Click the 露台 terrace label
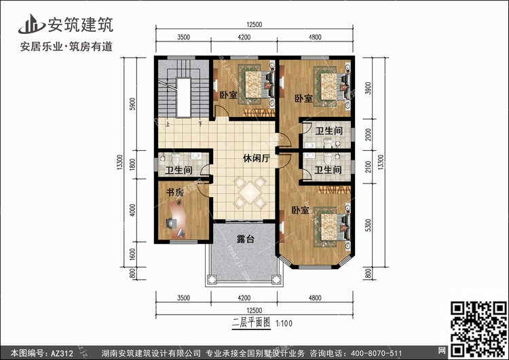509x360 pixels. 246,239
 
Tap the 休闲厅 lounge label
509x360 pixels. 257,158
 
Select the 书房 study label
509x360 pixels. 175,192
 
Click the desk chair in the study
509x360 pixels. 172,223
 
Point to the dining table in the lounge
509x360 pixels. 250,192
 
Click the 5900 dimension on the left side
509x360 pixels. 132,104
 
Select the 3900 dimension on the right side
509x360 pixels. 368,88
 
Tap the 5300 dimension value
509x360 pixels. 368,225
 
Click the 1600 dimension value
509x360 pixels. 132,255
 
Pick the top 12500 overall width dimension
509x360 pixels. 254,24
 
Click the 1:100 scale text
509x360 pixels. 284,323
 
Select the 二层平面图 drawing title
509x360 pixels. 251,323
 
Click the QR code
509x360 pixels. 478,329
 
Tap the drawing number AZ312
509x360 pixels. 62,353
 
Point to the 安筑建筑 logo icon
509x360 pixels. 31,24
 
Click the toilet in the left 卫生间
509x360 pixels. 176,159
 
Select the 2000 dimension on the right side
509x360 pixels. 368,134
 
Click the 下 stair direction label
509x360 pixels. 201,124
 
